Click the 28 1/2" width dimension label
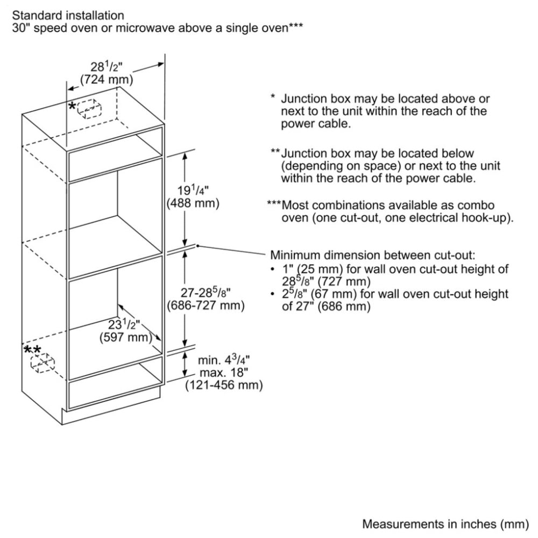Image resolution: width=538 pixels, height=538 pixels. pyautogui.click(x=107, y=67)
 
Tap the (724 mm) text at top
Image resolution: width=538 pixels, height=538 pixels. pyautogui.click(x=107, y=80)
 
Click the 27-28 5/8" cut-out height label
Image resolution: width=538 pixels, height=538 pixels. pyautogui.click(x=206, y=293)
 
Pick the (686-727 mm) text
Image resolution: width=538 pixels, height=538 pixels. pyautogui.click(x=206, y=306)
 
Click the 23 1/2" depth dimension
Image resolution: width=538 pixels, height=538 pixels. pyautogui.click(x=124, y=325)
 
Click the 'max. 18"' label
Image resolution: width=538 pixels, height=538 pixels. pyautogui.click(x=218, y=373)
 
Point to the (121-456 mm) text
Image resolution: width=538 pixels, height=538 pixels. pyautogui.click(x=224, y=385)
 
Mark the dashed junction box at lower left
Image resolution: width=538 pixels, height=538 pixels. pyautogui.click(x=44, y=363)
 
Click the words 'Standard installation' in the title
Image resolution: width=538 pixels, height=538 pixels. pyautogui.click(x=68, y=16)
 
